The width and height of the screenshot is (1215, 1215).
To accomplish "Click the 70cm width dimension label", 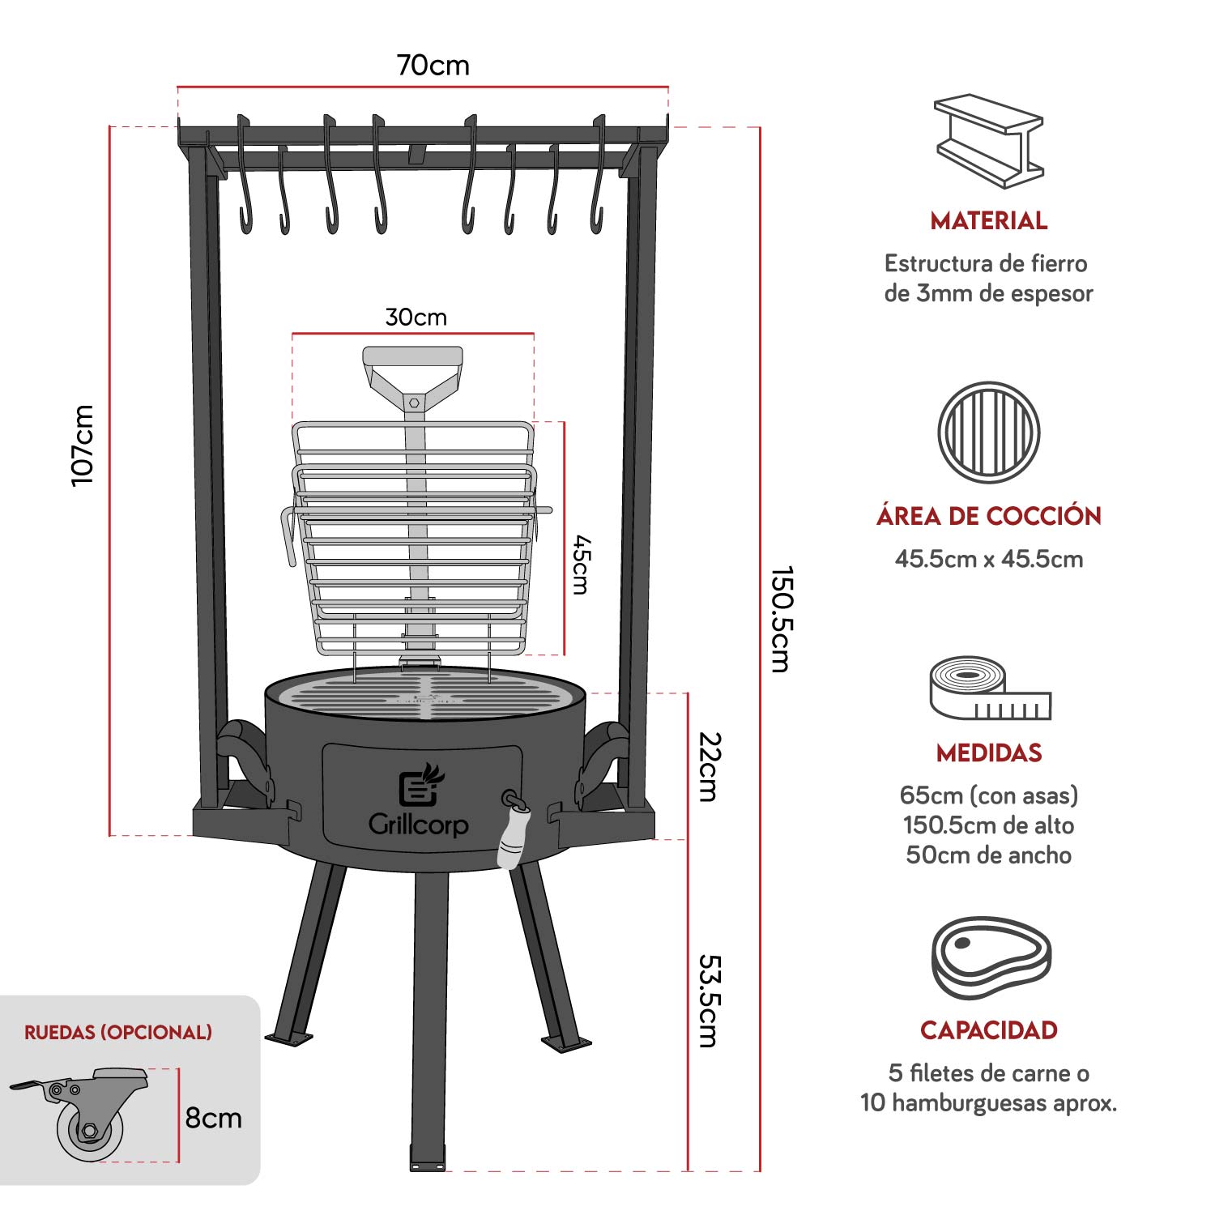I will [433, 65].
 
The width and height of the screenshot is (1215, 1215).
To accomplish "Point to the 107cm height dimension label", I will [83, 446].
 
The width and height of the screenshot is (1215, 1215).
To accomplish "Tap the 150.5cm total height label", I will [779, 619].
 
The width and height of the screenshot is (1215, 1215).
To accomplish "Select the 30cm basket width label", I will [416, 317].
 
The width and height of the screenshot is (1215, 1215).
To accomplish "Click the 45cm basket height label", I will [580, 565].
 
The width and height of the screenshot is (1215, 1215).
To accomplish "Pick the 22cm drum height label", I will [709, 766].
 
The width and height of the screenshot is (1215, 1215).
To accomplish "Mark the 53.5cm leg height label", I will [709, 1000].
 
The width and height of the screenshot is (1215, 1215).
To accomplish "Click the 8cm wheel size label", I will [213, 1118].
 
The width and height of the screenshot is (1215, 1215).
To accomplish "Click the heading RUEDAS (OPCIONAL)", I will [118, 1032].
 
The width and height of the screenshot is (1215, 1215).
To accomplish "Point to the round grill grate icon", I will [988, 433].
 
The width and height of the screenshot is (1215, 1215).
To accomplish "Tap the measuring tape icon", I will [988, 688].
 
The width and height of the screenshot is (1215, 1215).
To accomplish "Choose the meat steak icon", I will [990, 957].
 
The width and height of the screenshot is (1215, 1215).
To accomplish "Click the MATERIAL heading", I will [988, 220].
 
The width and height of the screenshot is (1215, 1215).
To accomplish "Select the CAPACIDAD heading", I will [988, 1030].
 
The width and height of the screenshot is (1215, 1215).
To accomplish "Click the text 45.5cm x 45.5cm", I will [988, 559].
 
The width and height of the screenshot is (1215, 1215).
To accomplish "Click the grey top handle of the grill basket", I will [413, 357].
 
